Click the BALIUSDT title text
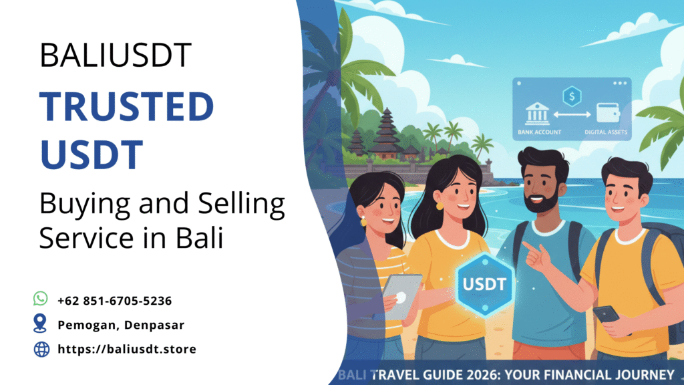[x=115, y=56]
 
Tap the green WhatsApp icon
[x=41, y=299]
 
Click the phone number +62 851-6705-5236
[x=116, y=301]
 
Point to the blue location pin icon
[x=41, y=324]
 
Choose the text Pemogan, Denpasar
[x=121, y=325]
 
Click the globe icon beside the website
[x=41, y=348]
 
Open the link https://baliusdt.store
[x=127, y=349]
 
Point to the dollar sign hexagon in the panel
[x=572, y=97]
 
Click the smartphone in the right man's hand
[x=606, y=314]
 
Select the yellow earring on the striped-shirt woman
[x=364, y=221]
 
